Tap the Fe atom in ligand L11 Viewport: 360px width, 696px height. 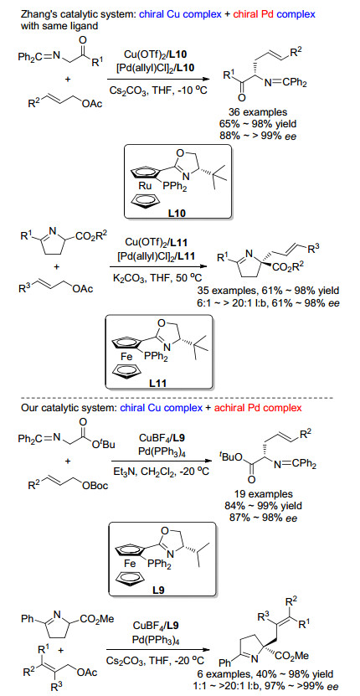coord(123,356)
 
